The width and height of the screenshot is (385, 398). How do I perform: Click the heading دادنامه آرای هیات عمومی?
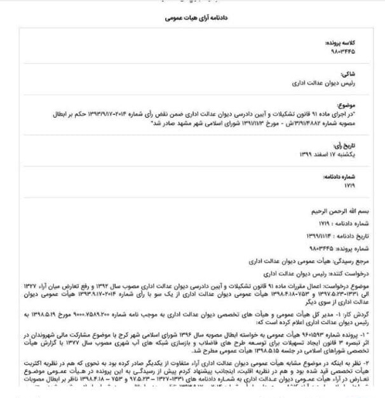192,20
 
